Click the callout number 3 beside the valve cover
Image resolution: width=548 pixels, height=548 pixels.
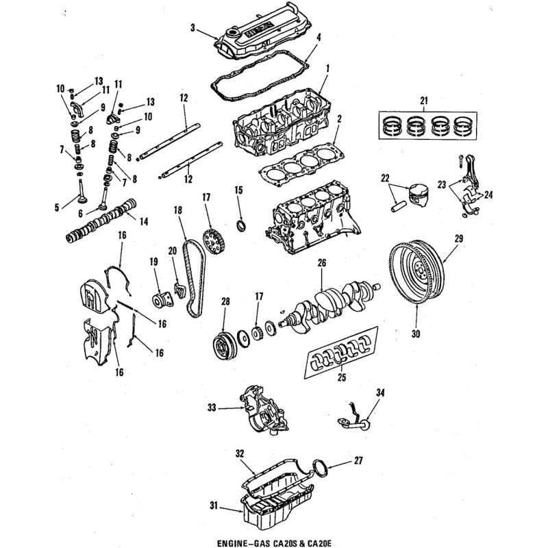(x=192, y=27)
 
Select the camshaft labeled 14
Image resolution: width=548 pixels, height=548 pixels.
(x=101, y=220)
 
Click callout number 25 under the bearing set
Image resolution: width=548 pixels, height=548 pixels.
(x=341, y=377)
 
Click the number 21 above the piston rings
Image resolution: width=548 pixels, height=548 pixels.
(x=424, y=101)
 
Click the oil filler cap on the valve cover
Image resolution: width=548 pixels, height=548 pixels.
(x=232, y=33)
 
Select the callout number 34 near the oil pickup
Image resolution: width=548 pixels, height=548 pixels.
(x=380, y=393)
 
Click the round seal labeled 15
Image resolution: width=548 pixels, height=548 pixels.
(x=242, y=225)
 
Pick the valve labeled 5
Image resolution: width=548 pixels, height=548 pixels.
(x=82, y=192)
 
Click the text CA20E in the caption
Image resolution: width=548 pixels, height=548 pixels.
(x=316, y=543)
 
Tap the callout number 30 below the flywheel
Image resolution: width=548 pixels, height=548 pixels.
(x=416, y=334)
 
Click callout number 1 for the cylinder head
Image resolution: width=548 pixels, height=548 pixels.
(x=327, y=68)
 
